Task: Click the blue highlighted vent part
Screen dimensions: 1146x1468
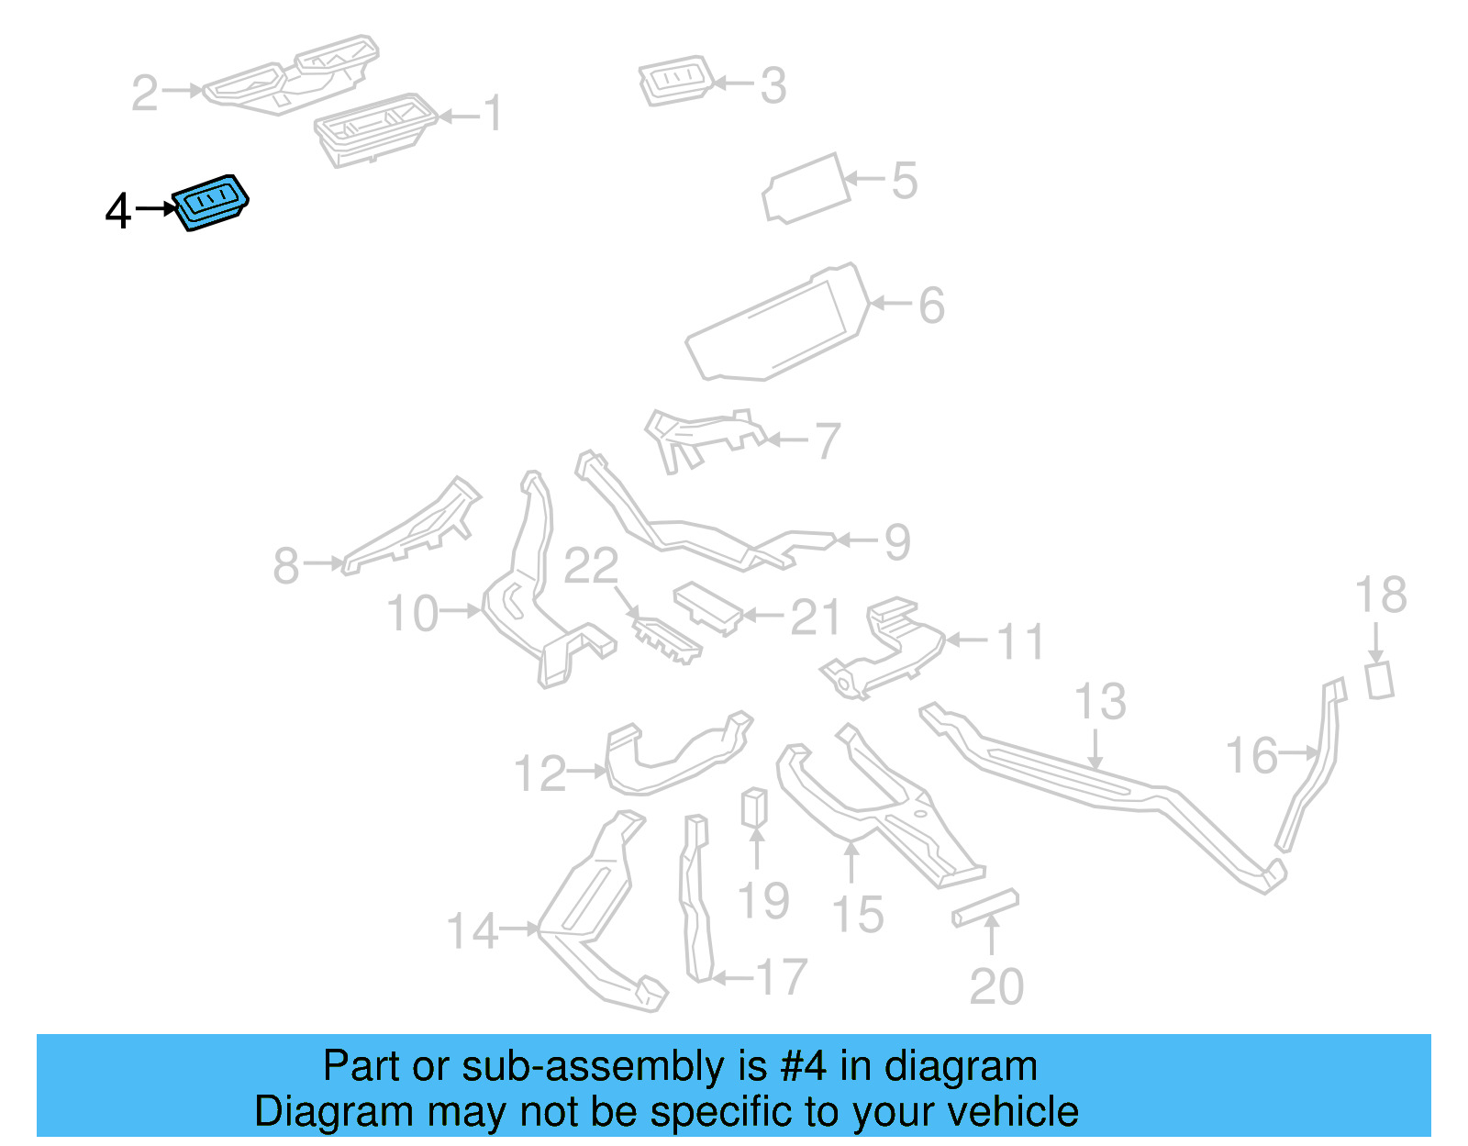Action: (x=211, y=202)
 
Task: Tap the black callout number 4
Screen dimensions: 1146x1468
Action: (x=118, y=211)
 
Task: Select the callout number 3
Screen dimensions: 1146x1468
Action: (x=773, y=86)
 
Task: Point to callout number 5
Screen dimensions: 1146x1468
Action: (x=904, y=181)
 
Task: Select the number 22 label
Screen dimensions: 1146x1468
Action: (x=591, y=566)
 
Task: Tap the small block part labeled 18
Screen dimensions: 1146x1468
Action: (x=1379, y=680)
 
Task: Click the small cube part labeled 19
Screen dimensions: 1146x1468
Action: (x=754, y=807)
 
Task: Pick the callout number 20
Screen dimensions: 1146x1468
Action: (x=996, y=987)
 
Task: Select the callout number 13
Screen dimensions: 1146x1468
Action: (x=1099, y=702)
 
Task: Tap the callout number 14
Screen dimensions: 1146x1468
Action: (x=473, y=931)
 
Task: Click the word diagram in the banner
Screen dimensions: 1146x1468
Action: (x=961, y=1067)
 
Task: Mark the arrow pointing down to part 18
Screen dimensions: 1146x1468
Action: (x=1376, y=640)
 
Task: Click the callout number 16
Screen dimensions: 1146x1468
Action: (x=1251, y=756)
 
